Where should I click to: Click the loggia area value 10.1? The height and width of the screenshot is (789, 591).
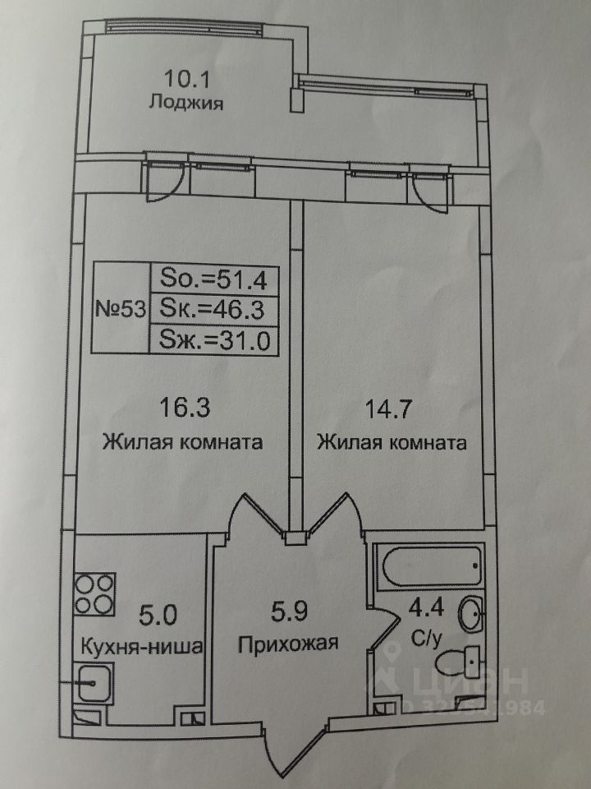click(182, 79)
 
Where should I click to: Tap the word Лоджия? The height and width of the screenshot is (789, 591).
click(186, 104)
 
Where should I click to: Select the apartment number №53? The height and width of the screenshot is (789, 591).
click(121, 308)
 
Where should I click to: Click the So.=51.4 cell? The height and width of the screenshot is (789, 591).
click(214, 279)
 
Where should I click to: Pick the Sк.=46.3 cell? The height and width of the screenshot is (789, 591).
click(214, 308)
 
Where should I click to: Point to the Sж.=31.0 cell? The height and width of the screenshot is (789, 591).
click(214, 339)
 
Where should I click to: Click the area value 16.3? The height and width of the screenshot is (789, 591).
click(185, 407)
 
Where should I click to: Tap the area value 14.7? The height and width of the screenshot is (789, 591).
click(388, 408)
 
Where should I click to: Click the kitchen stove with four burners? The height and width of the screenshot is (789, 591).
click(94, 593)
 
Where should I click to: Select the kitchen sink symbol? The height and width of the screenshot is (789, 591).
click(94, 683)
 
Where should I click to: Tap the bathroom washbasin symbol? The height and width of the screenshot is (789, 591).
click(471, 612)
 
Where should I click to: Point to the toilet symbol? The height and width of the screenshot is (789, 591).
click(459, 661)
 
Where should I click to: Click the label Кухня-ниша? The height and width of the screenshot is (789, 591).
click(142, 646)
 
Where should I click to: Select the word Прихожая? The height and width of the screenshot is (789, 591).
click(288, 643)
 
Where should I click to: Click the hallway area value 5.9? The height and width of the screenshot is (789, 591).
click(289, 613)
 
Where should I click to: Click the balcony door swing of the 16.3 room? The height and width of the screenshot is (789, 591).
click(166, 182)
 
